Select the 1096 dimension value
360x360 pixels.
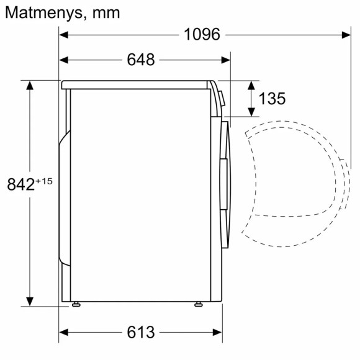pos(202,35)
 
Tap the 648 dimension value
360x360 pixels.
pos(140,60)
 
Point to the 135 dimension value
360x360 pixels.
pos(271,99)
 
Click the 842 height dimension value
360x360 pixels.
pos(21,184)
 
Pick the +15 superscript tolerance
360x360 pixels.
pos(44,181)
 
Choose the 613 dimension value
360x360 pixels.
pos(140,332)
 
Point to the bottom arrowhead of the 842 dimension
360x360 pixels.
pos(29,302)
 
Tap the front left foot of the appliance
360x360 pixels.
pos(76,304)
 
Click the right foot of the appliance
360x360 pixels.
pos(198,304)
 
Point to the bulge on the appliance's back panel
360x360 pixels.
pos(63,199)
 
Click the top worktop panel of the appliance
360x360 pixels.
pos(137,83)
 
